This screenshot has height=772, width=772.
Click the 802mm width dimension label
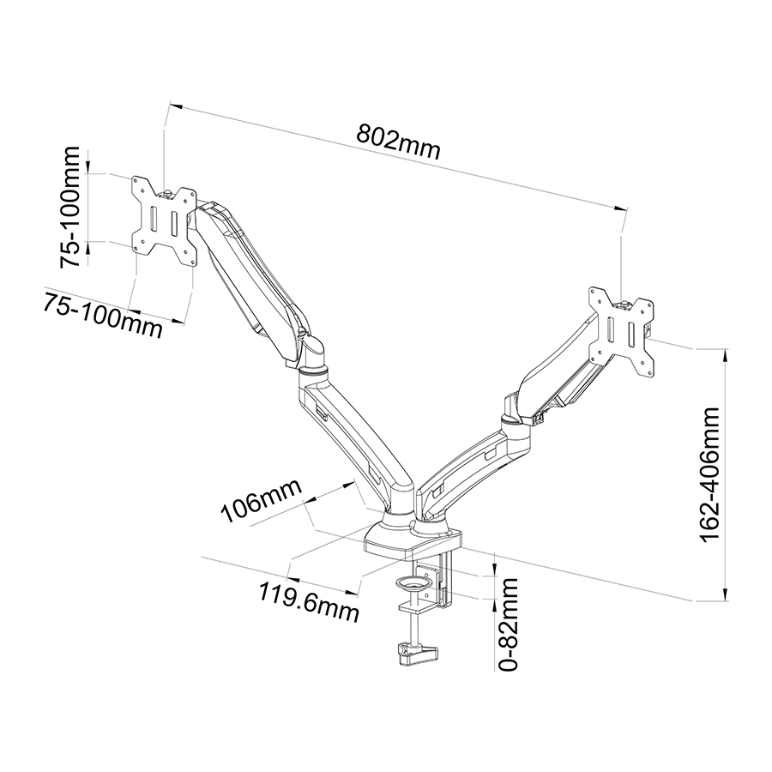click(x=398, y=142)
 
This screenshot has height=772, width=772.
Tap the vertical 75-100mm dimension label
click(x=70, y=207)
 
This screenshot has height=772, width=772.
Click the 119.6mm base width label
click(x=309, y=601)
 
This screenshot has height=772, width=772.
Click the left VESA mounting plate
click(x=164, y=220)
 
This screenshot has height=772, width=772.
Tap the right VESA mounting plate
click(x=623, y=333)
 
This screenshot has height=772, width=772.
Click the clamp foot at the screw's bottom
click(x=418, y=654)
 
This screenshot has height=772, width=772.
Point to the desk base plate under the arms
click(x=413, y=543)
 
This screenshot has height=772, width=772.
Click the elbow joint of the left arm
click(x=311, y=359)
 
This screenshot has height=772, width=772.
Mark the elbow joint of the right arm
click(x=515, y=419)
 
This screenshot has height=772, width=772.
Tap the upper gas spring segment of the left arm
click(x=251, y=280)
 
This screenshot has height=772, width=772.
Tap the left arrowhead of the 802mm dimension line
click(x=175, y=106)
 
